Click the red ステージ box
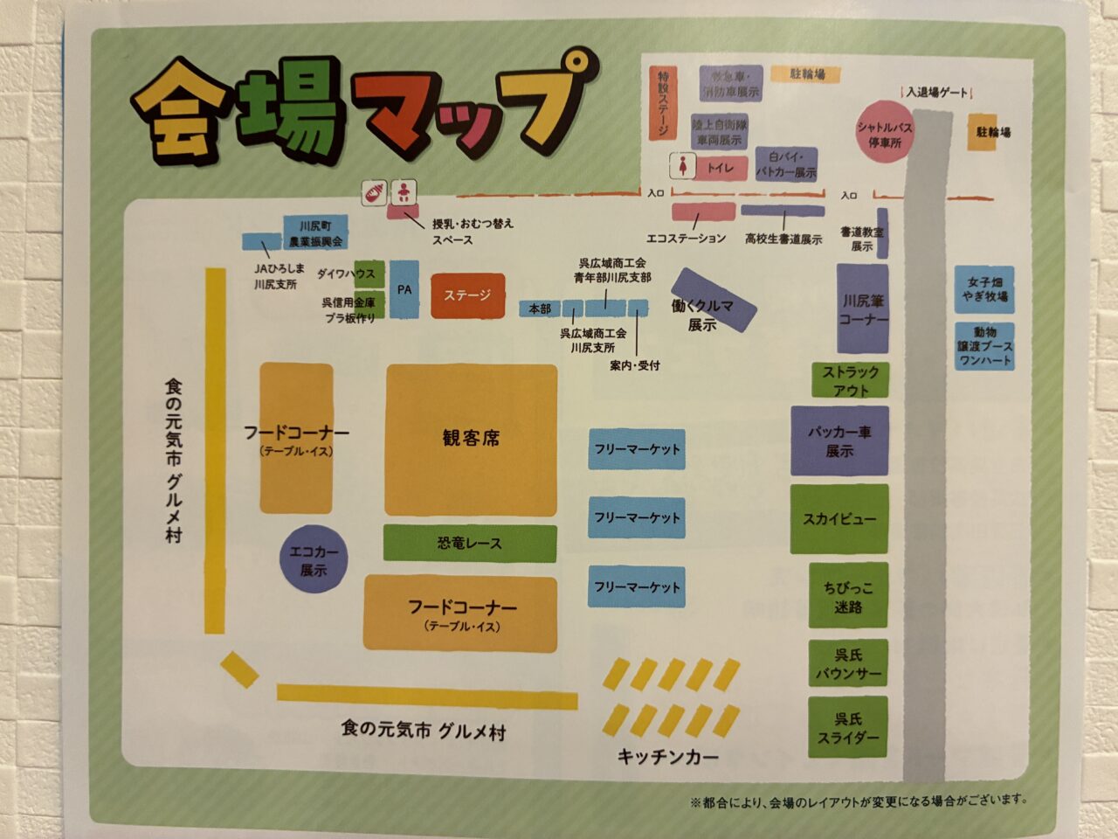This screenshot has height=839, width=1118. coord(467,295)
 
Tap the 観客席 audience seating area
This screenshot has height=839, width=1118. coord(471,440)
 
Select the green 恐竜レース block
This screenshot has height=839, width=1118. coord(470,544)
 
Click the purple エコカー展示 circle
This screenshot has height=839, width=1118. coord(314,561)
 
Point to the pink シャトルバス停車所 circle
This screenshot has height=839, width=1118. coord(884,134)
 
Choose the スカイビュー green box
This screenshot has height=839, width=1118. coord(839,519)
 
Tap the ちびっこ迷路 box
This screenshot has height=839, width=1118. coord(847,597)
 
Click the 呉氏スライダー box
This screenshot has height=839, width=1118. coord(847,728)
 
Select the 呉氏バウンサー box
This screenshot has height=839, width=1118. coord(847,664)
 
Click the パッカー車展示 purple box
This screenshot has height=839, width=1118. coord(839,441)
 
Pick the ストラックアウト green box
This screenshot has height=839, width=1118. coord(850,380)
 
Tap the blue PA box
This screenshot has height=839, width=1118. coord(404,289)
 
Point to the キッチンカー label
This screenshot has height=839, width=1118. coord(668,757)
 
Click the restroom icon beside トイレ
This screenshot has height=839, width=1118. coord(682,166)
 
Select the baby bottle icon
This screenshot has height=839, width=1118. coord(374,193)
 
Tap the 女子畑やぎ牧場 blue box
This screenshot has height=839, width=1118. coord(984,289)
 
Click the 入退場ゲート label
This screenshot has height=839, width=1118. coord(937,92)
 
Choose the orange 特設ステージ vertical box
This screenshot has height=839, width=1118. coord(662,103)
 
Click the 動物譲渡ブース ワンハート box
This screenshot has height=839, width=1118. coord(984,346)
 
